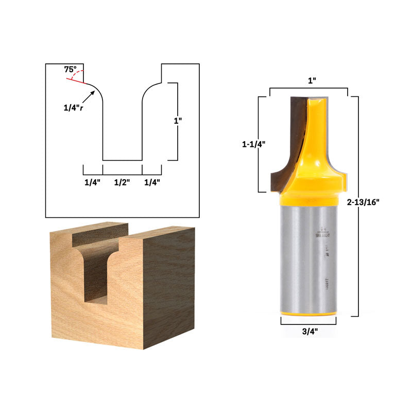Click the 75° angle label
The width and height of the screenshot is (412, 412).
tap(70, 69)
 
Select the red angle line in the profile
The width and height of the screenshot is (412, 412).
tap(76, 79)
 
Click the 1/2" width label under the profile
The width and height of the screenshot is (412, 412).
tap(122, 182)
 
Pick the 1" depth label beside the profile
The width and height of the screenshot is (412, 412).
tap(178, 121)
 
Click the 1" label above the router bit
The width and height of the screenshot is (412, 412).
tap(312, 81)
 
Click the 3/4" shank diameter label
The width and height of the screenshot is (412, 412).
tap(309, 331)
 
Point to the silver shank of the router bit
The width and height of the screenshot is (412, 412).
tap(304, 257)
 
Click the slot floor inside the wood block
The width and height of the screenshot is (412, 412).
tap(96, 299)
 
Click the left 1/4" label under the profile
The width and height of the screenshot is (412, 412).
tap(93, 182)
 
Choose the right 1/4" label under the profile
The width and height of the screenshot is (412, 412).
tap(152, 182)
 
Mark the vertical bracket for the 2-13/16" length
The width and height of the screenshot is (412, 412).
tap(357, 206)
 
